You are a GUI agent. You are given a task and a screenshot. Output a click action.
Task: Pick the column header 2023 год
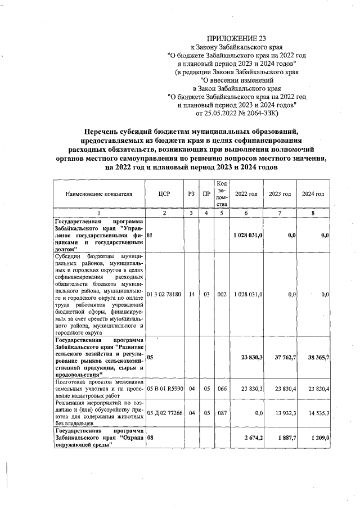pos(280,194)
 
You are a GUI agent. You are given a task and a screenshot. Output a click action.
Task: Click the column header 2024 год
pos(313,194)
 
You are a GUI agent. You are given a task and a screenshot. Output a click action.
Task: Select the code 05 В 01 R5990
pos(164,388)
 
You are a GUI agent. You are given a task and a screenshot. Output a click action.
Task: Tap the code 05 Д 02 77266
pos(164,413)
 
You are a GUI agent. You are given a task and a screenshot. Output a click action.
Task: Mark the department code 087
pos(222,413)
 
